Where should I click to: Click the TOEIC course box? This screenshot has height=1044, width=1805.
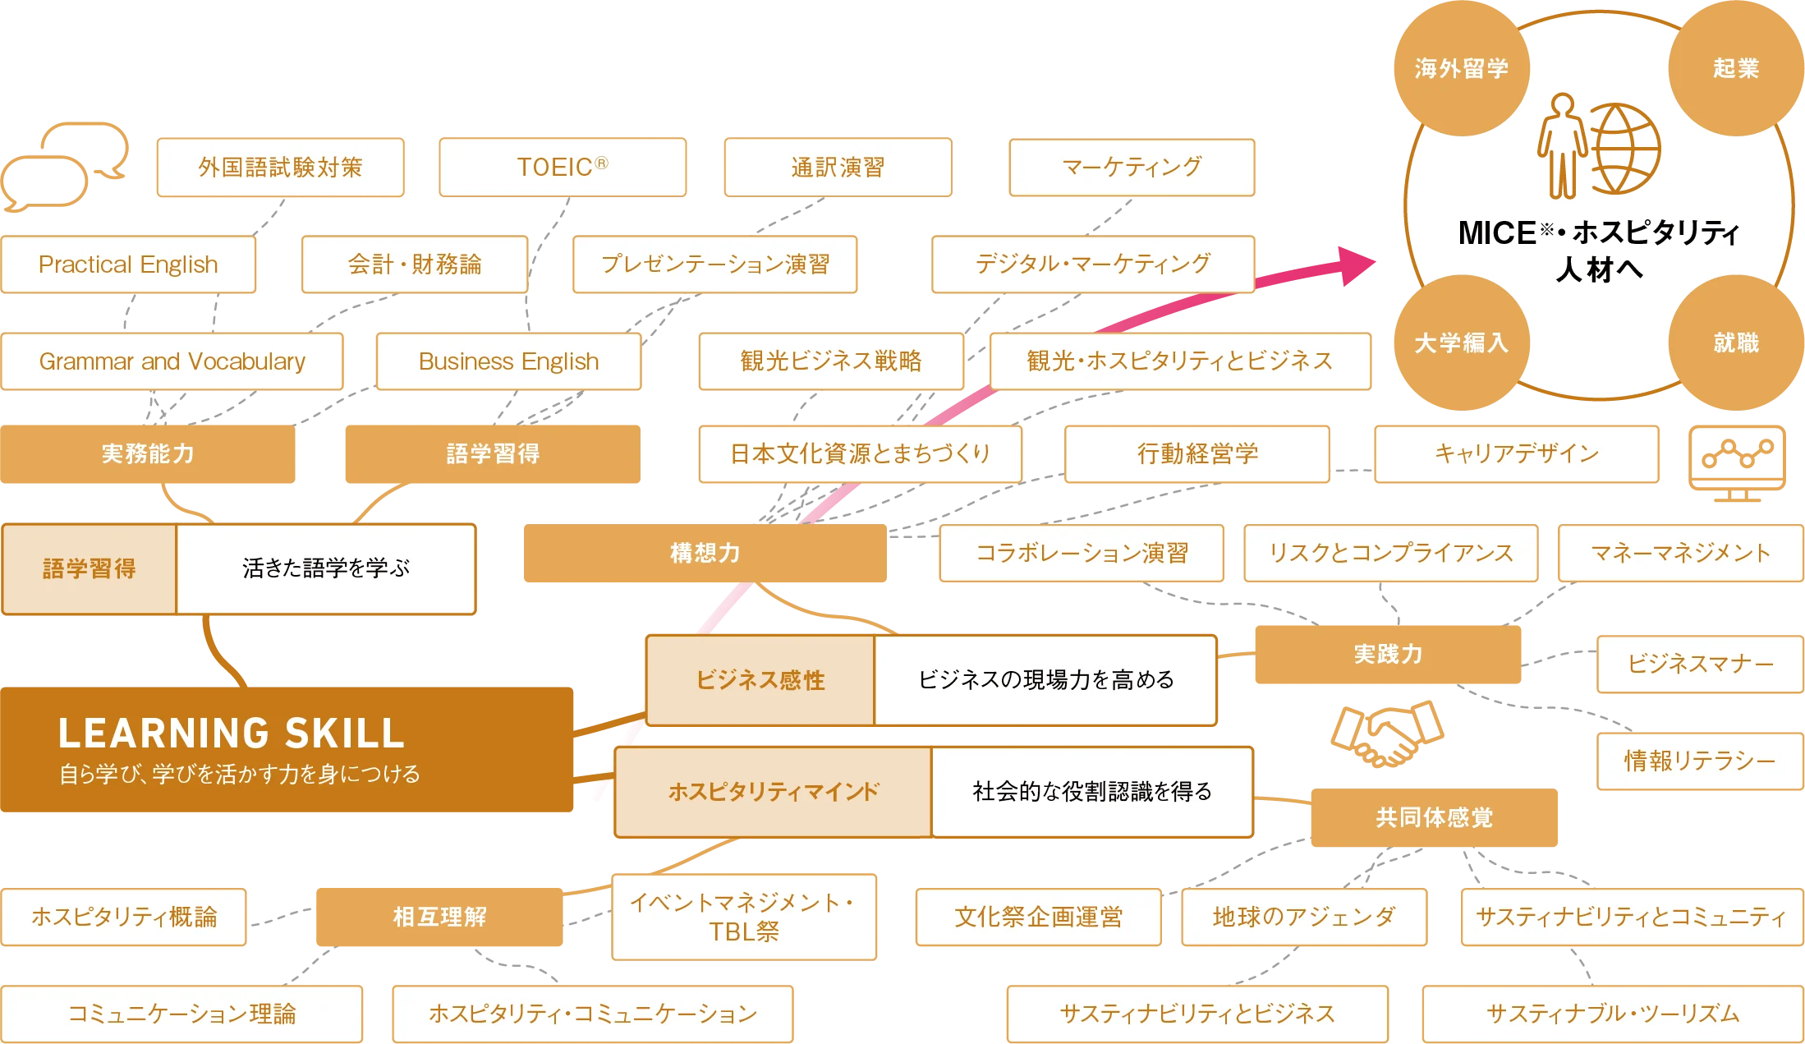563,167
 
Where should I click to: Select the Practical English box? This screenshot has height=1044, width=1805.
128,264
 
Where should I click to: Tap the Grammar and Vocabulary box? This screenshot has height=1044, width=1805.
172,361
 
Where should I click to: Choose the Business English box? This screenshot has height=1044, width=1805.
508,361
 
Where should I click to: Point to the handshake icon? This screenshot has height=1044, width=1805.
1385,733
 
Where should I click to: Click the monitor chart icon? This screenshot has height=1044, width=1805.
1736,462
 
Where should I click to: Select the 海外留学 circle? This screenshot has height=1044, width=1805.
1461,68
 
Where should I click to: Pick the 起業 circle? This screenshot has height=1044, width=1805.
1735,68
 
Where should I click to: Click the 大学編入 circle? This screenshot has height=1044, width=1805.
1461,343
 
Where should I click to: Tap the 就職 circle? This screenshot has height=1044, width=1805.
1735,343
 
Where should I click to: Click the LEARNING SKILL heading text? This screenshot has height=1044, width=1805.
231,734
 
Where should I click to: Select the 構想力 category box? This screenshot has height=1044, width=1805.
704,553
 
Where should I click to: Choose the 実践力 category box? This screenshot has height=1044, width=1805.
1388,655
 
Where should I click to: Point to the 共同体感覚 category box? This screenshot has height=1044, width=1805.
1434,817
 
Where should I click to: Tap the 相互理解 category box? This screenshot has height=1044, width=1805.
439,917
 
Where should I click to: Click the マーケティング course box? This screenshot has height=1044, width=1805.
1132,167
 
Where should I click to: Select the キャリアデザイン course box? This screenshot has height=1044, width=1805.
1516,453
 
